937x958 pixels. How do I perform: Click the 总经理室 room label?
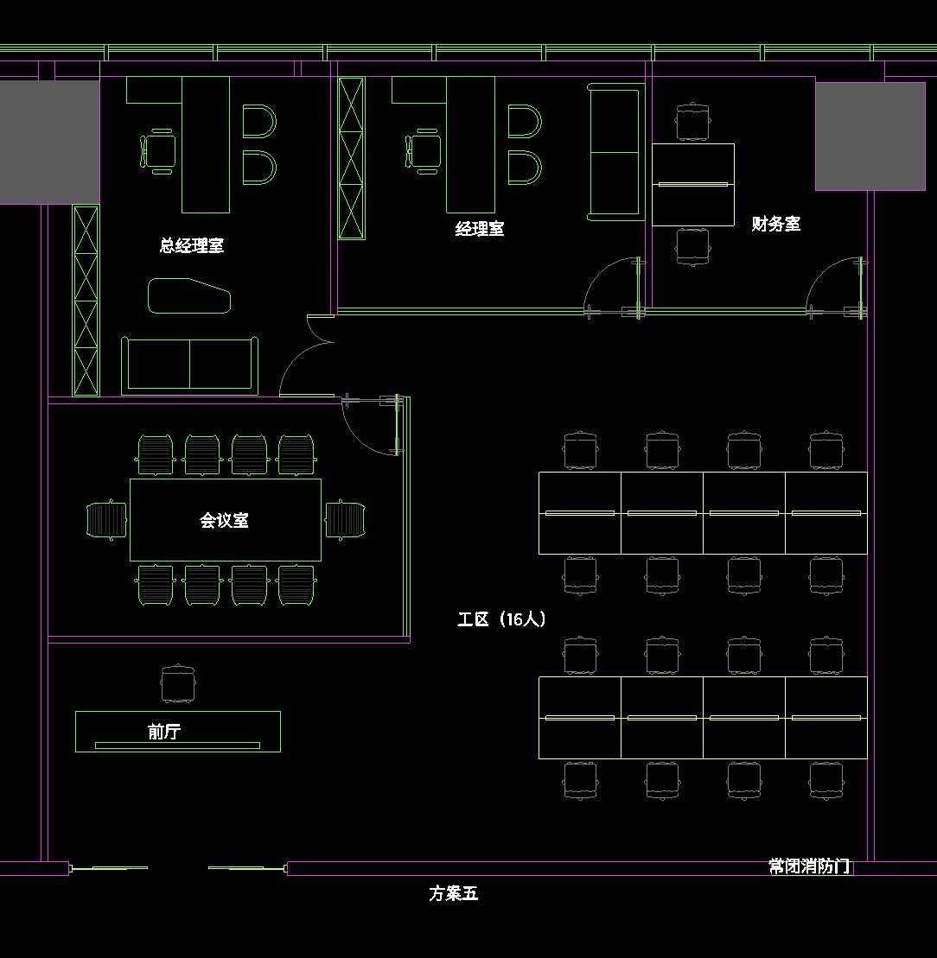191,245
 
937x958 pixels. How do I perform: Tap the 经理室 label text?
480,229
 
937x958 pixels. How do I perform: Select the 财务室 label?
775,224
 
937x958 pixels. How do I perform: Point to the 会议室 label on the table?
224,520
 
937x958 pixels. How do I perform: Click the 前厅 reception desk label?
164,732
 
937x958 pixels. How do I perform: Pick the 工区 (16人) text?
501,619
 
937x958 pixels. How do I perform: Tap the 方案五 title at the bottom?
454,893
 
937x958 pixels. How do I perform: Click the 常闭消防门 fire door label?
809,866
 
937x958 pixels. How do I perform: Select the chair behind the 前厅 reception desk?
178,683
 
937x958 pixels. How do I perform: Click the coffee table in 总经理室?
188,295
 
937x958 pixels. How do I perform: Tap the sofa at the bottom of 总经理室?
189,365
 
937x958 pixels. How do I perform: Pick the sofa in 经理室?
616,152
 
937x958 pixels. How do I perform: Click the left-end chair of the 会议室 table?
106,520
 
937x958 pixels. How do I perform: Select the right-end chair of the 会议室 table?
346,520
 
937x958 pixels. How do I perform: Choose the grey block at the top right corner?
870,136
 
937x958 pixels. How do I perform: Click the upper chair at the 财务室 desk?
692,122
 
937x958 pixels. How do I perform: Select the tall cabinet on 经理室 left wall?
352,158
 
